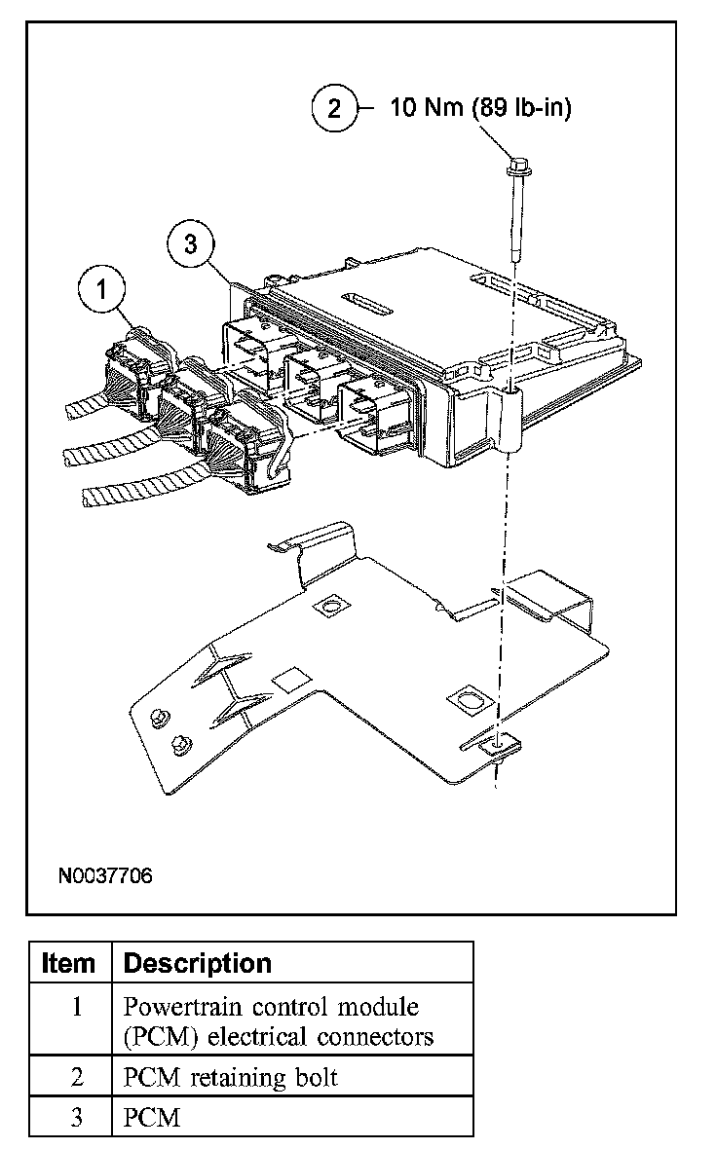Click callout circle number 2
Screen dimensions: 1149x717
(334, 107)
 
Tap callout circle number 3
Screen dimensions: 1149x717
(190, 244)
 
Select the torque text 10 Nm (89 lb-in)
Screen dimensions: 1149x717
(481, 107)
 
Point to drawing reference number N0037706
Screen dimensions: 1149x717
(105, 874)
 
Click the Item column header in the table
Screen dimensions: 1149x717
(70, 963)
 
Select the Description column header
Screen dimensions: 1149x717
(198, 963)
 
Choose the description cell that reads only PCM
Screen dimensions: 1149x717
(153, 1117)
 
